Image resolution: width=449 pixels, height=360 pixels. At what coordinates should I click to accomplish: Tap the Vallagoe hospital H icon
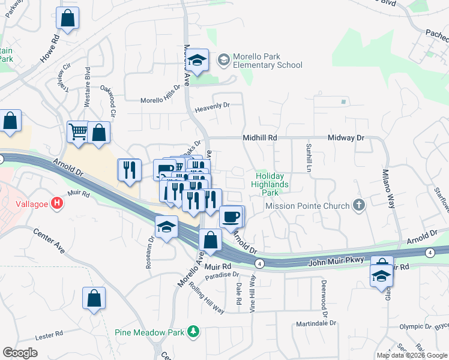(57, 203)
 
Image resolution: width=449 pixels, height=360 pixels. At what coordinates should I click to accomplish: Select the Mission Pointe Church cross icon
(358, 206)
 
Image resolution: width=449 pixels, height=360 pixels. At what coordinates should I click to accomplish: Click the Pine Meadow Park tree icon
(193, 331)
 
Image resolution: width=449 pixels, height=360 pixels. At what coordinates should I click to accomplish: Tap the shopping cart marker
(79, 132)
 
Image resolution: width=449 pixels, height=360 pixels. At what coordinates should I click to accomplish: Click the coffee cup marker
(231, 217)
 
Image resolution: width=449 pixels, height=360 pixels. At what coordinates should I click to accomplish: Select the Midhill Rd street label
(260, 138)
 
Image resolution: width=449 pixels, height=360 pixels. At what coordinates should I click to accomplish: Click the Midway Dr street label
(346, 138)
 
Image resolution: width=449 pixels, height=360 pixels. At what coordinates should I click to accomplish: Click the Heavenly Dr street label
(213, 107)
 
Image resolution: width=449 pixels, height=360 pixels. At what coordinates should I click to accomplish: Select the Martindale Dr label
(318, 324)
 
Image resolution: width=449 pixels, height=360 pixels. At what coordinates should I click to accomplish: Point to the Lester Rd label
(49, 334)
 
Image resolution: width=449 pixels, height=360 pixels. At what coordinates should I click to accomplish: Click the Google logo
(20, 353)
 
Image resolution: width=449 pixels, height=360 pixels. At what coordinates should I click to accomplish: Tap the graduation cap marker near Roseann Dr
(166, 227)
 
